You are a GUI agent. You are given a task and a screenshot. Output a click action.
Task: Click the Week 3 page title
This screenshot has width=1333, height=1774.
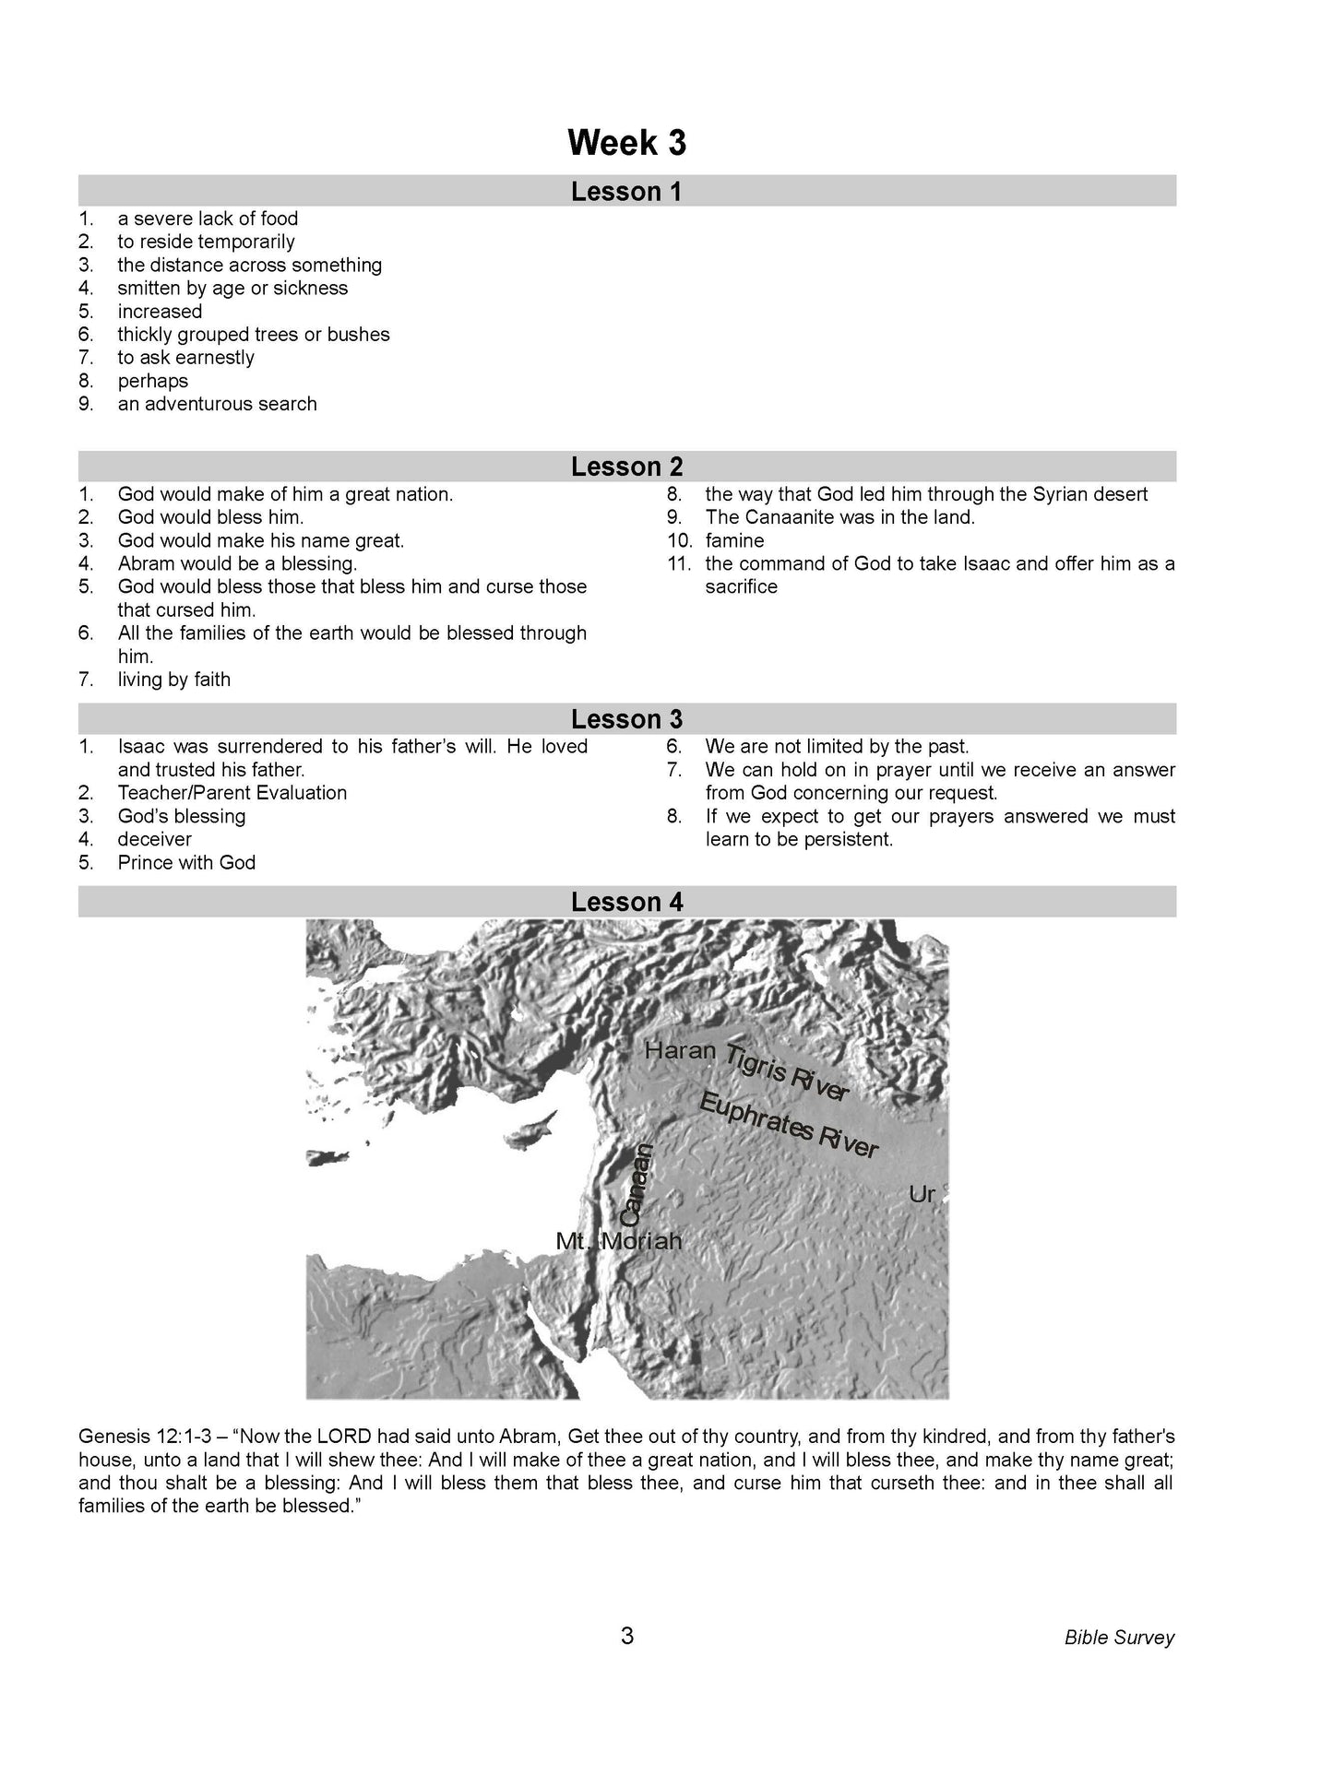pyautogui.click(x=626, y=143)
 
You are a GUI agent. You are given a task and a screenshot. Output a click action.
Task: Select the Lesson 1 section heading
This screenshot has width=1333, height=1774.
pyautogui.click(x=626, y=192)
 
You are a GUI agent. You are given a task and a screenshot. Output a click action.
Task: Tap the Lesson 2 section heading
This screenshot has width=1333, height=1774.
pyautogui.click(x=626, y=467)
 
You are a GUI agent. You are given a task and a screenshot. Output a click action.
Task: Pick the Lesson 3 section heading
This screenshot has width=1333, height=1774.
pyautogui.click(x=626, y=719)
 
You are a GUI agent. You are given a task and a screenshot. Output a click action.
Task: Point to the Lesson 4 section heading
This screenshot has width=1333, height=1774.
pyautogui.click(x=626, y=902)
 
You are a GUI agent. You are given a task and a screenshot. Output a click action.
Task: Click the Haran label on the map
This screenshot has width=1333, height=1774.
pyautogui.click(x=680, y=1050)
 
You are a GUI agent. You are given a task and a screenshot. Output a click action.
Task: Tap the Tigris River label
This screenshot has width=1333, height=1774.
pyautogui.click(x=786, y=1072)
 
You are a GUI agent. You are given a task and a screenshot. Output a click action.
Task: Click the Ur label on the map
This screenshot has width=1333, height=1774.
pyautogui.click(x=922, y=1195)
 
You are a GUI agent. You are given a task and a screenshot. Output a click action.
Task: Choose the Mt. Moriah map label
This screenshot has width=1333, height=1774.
pyautogui.click(x=618, y=1241)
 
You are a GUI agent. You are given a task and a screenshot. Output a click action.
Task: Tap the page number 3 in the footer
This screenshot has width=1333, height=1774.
pyautogui.click(x=627, y=1637)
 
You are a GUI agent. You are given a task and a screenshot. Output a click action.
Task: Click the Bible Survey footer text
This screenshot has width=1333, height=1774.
pyautogui.click(x=1119, y=1638)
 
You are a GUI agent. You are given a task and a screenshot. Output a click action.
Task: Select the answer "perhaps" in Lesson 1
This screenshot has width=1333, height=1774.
pyautogui.click(x=152, y=381)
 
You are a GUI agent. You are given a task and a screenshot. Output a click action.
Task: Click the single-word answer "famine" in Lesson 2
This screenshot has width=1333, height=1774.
pyautogui.click(x=734, y=540)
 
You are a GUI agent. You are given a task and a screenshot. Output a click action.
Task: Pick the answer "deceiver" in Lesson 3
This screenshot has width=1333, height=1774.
pyautogui.click(x=154, y=839)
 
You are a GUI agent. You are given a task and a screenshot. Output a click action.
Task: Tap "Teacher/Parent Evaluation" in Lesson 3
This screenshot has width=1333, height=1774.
pyautogui.click(x=232, y=793)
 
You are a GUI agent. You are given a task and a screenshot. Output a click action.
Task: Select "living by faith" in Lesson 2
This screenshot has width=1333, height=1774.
pyautogui.click(x=173, y=680)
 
